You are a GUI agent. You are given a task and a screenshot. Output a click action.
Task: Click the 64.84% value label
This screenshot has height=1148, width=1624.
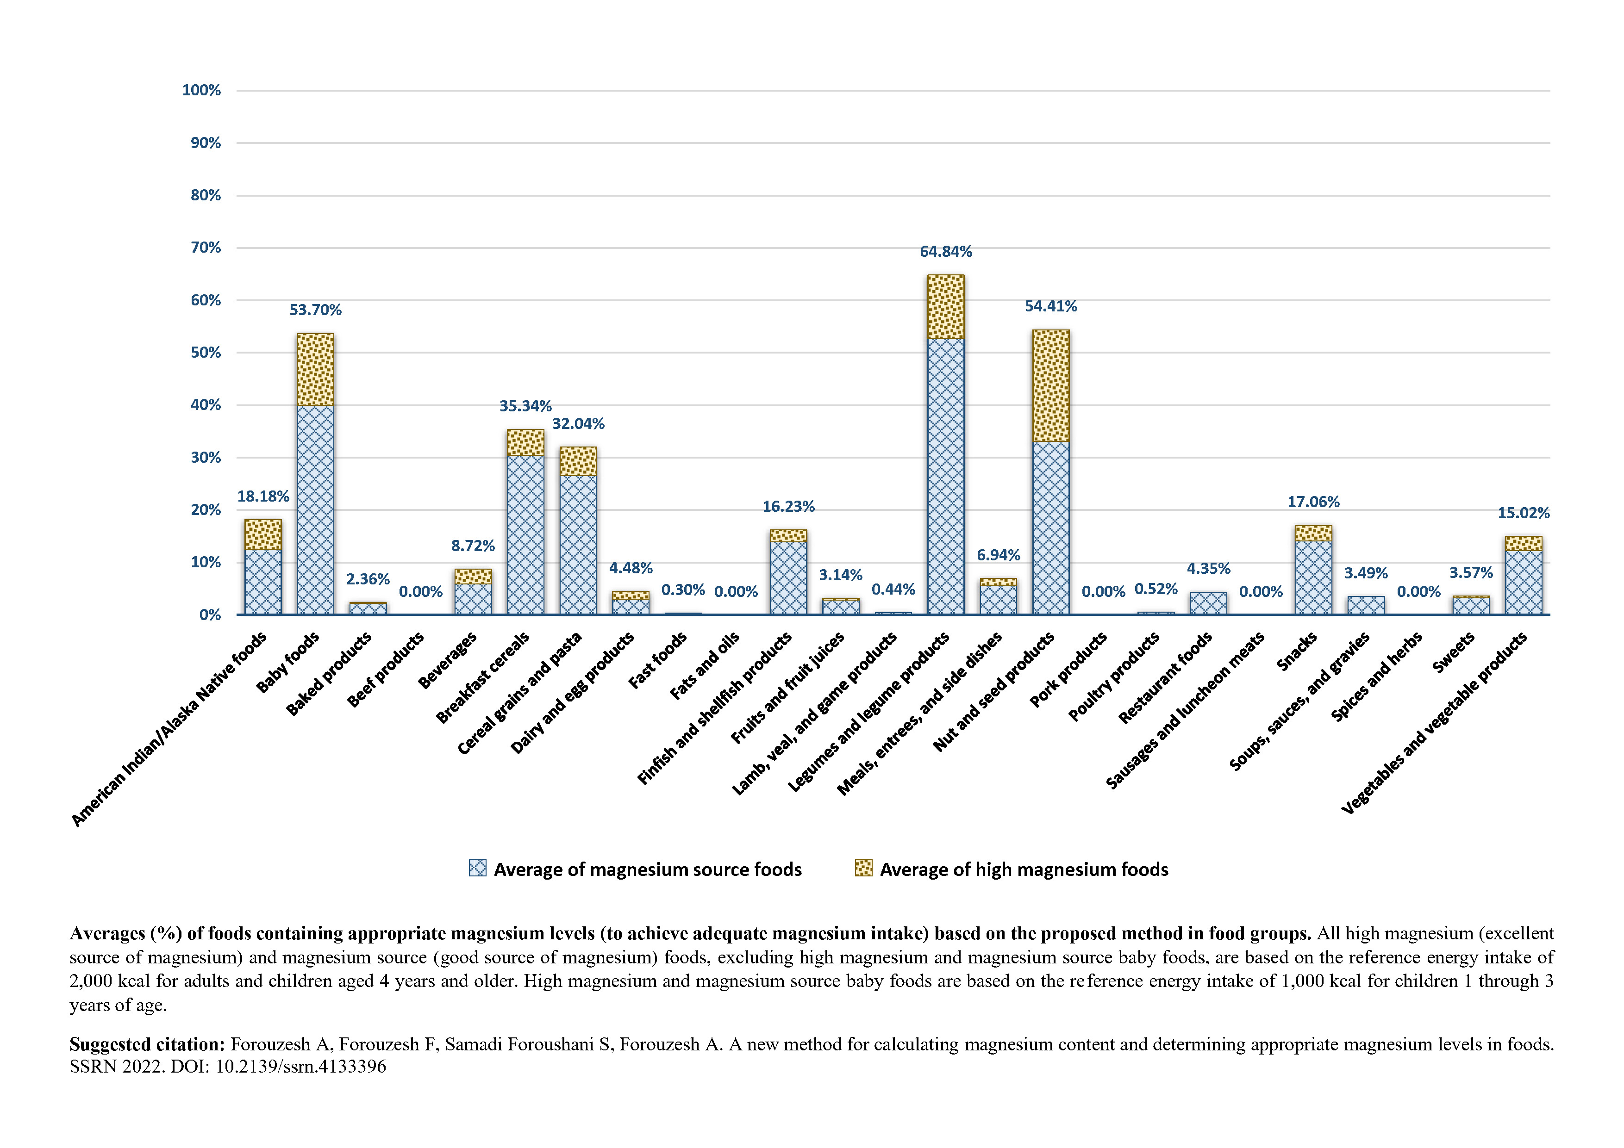coord(946,252)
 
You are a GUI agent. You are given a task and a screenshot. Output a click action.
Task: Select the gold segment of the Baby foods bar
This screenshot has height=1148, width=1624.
coord(315,370)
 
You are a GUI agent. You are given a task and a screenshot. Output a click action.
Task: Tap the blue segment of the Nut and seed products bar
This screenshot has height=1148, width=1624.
coord(1050,528)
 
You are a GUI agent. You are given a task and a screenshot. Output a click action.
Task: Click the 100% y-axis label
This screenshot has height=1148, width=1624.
coord(201,91)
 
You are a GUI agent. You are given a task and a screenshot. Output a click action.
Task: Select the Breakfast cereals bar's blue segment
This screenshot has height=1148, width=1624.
coord(525,535)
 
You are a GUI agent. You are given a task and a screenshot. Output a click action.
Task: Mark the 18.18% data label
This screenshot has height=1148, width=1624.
coord(263,497)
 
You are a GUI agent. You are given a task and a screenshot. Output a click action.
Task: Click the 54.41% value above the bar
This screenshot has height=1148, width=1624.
coord(1051,306)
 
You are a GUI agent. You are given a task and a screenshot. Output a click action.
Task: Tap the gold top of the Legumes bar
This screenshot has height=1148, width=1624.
coord(946,307)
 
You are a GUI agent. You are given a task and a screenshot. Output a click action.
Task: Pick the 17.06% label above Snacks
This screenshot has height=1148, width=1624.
coord(1313,502)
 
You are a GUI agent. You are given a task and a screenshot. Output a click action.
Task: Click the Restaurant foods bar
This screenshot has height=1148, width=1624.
coord(1208,603)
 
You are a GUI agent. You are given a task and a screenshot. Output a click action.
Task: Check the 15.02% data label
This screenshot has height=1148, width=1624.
coord(1524,513)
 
